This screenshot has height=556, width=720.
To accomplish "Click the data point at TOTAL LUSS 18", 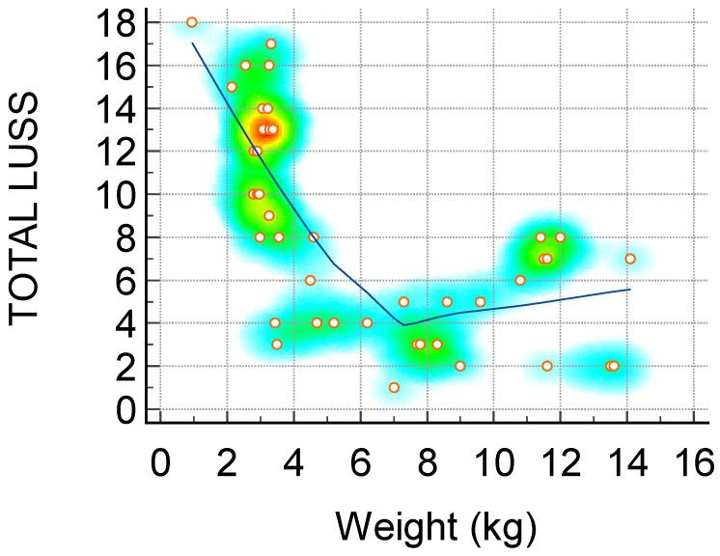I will tap(192, 22).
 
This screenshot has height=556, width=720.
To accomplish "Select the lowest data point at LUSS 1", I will tap(394, 387).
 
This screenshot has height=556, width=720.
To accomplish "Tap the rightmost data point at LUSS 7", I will tap(630, 259).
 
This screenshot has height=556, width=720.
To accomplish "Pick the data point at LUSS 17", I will tap(271, 43).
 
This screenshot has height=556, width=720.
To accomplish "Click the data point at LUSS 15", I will tap(232, 87).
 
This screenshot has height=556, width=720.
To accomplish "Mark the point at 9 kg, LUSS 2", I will tap(460, 366).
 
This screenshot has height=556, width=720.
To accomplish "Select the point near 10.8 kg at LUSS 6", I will tap(520, 280).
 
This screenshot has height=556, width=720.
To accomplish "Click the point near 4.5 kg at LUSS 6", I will tap(310, 280).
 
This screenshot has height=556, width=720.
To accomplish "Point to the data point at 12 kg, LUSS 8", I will tap(560, 237).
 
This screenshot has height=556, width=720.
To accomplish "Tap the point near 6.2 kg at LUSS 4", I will tap(367, 322).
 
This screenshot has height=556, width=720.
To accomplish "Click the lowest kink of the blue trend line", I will tap(404, 324).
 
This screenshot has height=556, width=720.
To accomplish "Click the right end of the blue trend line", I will tap(630, 289).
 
